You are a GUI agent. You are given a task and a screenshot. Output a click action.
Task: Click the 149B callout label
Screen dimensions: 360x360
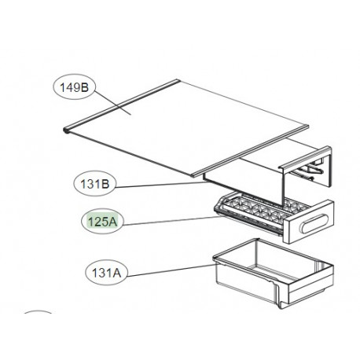click(x=73, y=88)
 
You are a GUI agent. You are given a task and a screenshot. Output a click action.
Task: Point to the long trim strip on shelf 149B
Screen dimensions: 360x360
click(x=141, y=104)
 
